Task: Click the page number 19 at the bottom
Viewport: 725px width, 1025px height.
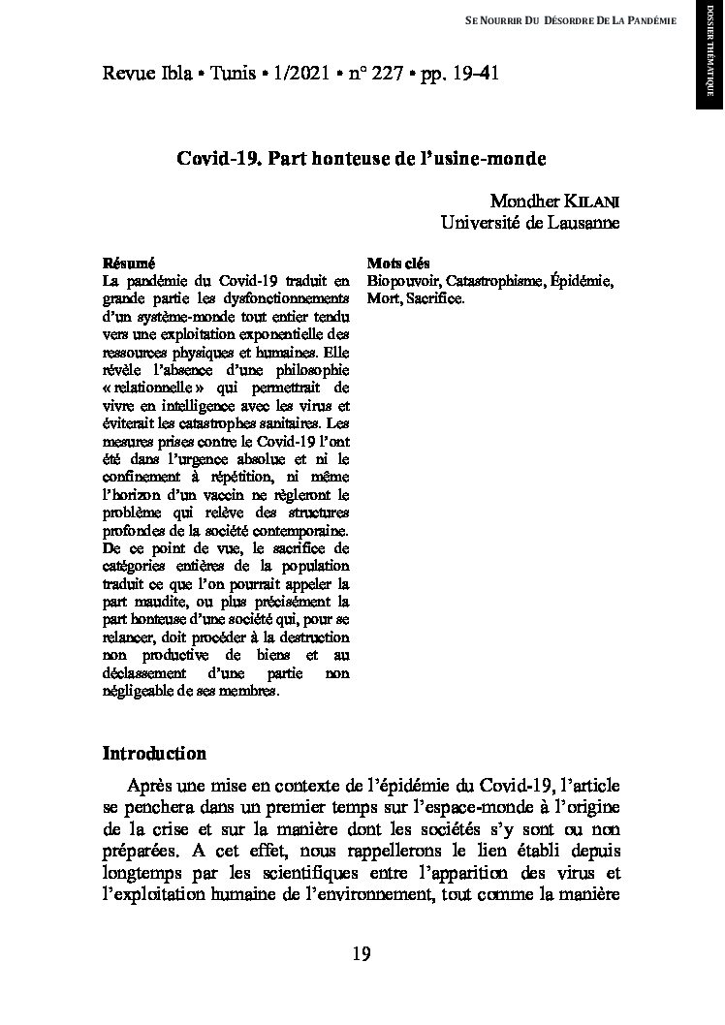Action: [361, 954]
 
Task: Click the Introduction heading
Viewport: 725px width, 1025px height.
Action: [154, 754]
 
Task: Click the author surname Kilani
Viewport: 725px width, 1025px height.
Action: [592, 202]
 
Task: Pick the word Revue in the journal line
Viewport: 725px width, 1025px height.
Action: [129, 74]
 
